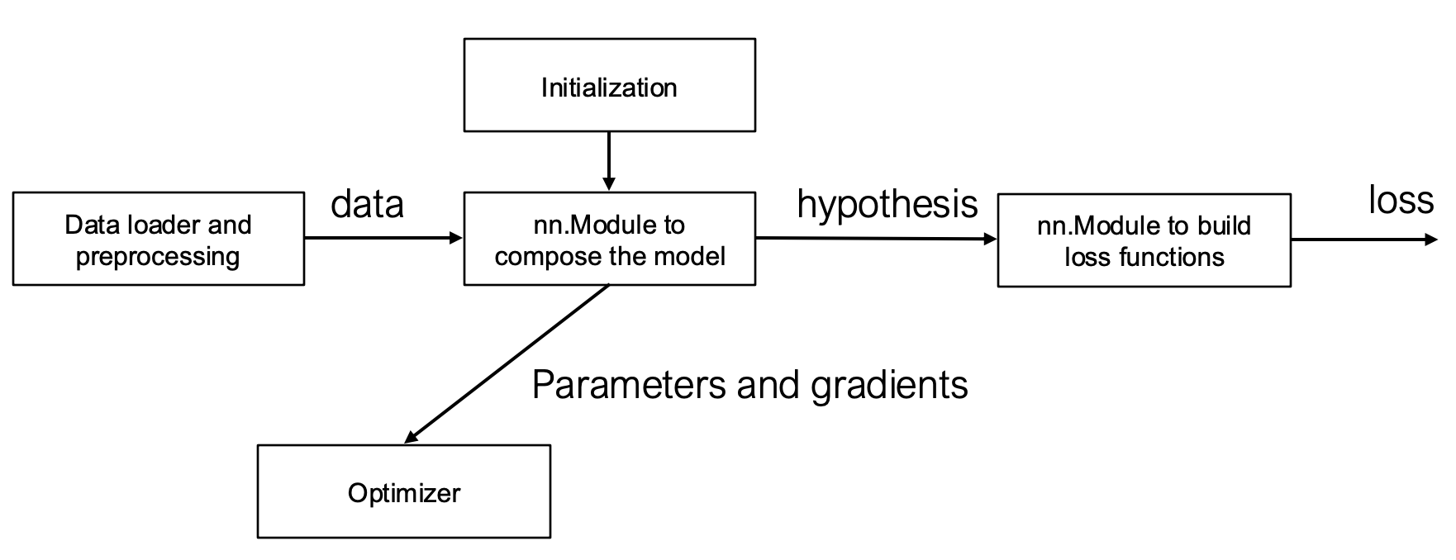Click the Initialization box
point(609,85)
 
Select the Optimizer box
point(403,492)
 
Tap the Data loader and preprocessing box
point(158,240)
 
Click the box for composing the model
point(609,240)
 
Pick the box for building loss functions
point(1144,240)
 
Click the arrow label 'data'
point(367,204)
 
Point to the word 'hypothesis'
point(887,203)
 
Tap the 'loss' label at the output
point(1401,200)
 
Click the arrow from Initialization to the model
point(608,159)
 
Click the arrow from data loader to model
point(382,239)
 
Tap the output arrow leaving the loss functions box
point(1362,240)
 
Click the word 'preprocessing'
point(158,256)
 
